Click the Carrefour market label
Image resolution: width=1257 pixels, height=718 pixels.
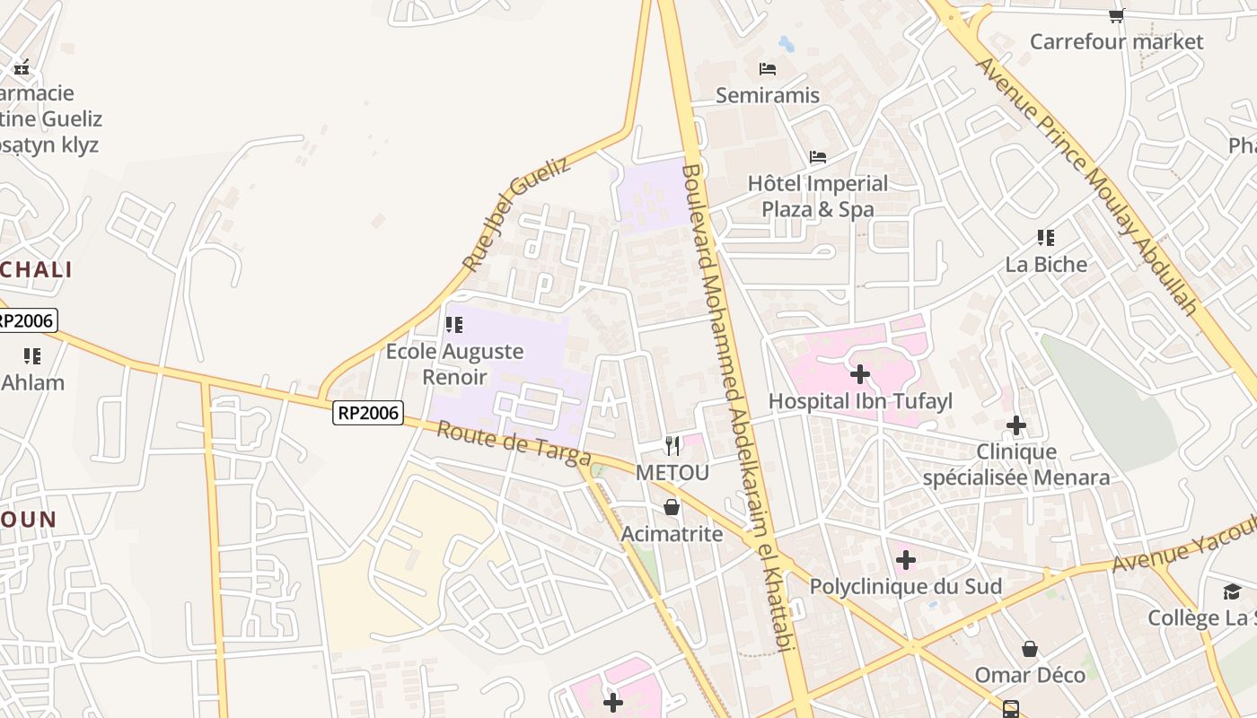click(1116, 41)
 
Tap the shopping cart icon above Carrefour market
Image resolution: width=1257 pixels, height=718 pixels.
click(1116, 15)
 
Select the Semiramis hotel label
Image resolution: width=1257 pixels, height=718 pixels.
click(768, 94)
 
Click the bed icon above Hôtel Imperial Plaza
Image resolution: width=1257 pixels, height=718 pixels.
click(818, 157)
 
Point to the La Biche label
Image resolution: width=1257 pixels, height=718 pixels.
click(1046, 264)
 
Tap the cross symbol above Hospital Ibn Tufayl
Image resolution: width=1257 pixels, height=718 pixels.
click(860, 373)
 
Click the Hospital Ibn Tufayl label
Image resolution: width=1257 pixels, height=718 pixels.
click(860, 400)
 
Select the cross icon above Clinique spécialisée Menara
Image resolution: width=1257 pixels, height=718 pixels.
click(1016, 425)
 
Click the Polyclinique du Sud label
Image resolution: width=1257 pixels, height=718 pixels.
click(906, 586)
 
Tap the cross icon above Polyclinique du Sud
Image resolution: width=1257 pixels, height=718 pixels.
click(906, 561)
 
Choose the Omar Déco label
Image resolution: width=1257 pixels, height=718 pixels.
click(1030, 674)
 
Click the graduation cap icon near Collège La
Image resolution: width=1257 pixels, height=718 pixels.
click(1232, 591)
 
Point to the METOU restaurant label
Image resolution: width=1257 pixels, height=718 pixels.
click(672, 472)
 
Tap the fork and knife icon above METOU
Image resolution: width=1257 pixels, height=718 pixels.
click(672, 446)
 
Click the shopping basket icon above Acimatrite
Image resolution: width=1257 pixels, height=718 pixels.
click(672, 508)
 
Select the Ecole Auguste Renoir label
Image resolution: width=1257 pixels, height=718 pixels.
click(454, 363)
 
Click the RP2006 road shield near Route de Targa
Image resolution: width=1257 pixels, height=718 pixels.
click(368, 413)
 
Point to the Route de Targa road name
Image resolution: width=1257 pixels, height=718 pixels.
click(514, 443)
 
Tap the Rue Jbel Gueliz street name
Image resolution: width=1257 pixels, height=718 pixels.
click(516, 215)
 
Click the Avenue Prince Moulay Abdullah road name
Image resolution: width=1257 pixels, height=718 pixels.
click(1088, 185)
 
